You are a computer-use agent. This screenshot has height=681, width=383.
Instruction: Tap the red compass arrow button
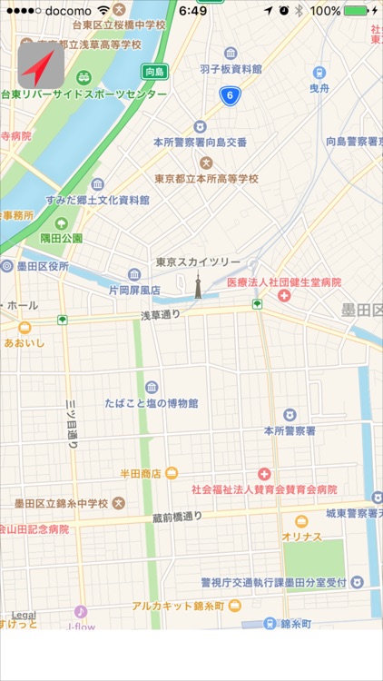click(41, 66)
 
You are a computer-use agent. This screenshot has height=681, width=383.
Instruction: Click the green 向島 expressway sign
click(155, 72)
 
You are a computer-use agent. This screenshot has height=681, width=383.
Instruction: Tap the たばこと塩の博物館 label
click(156, 403)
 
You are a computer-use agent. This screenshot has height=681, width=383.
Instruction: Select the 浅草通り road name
click(160, 315)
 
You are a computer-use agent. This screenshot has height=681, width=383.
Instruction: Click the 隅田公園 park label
click(62, 238)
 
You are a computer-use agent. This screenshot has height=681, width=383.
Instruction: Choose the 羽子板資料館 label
click(231, 68)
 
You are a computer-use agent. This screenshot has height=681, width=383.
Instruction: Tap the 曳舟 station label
click(319, 90)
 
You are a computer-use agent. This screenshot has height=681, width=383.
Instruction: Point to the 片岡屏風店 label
click(134, 291)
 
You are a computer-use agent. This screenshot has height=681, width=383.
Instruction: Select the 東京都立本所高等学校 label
click(207, 178)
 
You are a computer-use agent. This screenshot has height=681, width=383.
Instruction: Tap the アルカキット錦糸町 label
click(177, 605)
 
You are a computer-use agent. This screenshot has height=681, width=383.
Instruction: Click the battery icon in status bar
click(357, 11)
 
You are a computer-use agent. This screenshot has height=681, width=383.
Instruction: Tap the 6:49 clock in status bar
click(192, 11)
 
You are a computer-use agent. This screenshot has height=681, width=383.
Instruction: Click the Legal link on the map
click(24, 615)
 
